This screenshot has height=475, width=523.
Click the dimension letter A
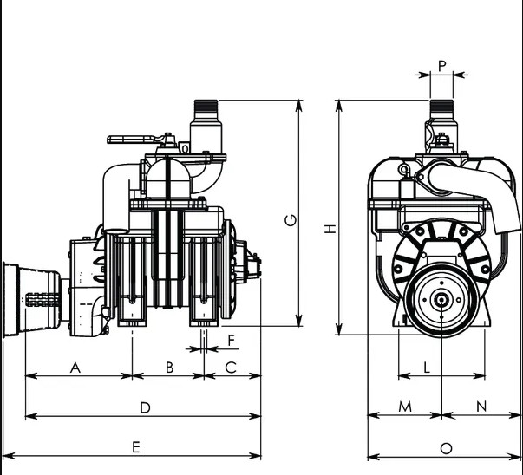coord(75,368)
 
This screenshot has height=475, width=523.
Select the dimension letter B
coord(169,368)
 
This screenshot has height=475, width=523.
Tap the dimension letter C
coord(231,368)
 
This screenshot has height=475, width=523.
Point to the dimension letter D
coord(145,407)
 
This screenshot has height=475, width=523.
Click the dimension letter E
coord(136,447)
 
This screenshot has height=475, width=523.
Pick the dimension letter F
coord(232,341)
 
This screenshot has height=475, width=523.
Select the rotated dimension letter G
coord(291,220)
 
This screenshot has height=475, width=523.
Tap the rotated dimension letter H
coord(330,229)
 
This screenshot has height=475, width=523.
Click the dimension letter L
coord(427,368)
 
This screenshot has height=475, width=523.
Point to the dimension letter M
coord(405,407)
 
